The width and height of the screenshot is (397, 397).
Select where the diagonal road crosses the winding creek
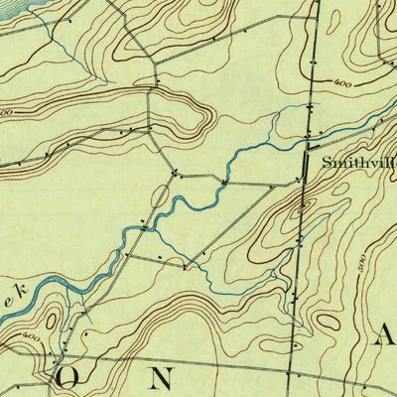coord(146,229)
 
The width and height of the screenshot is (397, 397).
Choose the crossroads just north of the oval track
coord(175,175)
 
